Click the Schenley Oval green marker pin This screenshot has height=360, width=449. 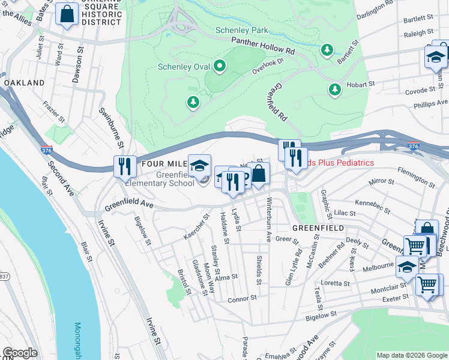pyautogui.click(x=220, y=66)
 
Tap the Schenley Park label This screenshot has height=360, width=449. pyautogui.click(x=242, y=30)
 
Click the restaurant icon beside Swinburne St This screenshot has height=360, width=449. pyautogui.click(x=124, y=166)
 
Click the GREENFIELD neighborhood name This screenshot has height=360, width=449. pyautogui.click(x=318, y=229)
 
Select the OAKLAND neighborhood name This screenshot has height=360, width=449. pyautogui.click(x=23, y=82)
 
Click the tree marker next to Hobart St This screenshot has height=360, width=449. pyautogui.click(x=335, y=89)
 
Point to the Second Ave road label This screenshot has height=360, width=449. pyautogui.click(x=61, y=179)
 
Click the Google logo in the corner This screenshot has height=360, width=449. pyautogui.click(x=20, y=353)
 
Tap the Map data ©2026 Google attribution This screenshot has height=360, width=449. pyautogui.click(x=411, y=355)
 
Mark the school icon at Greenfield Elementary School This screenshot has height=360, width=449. pyautogui.click(x=199, y=166)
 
